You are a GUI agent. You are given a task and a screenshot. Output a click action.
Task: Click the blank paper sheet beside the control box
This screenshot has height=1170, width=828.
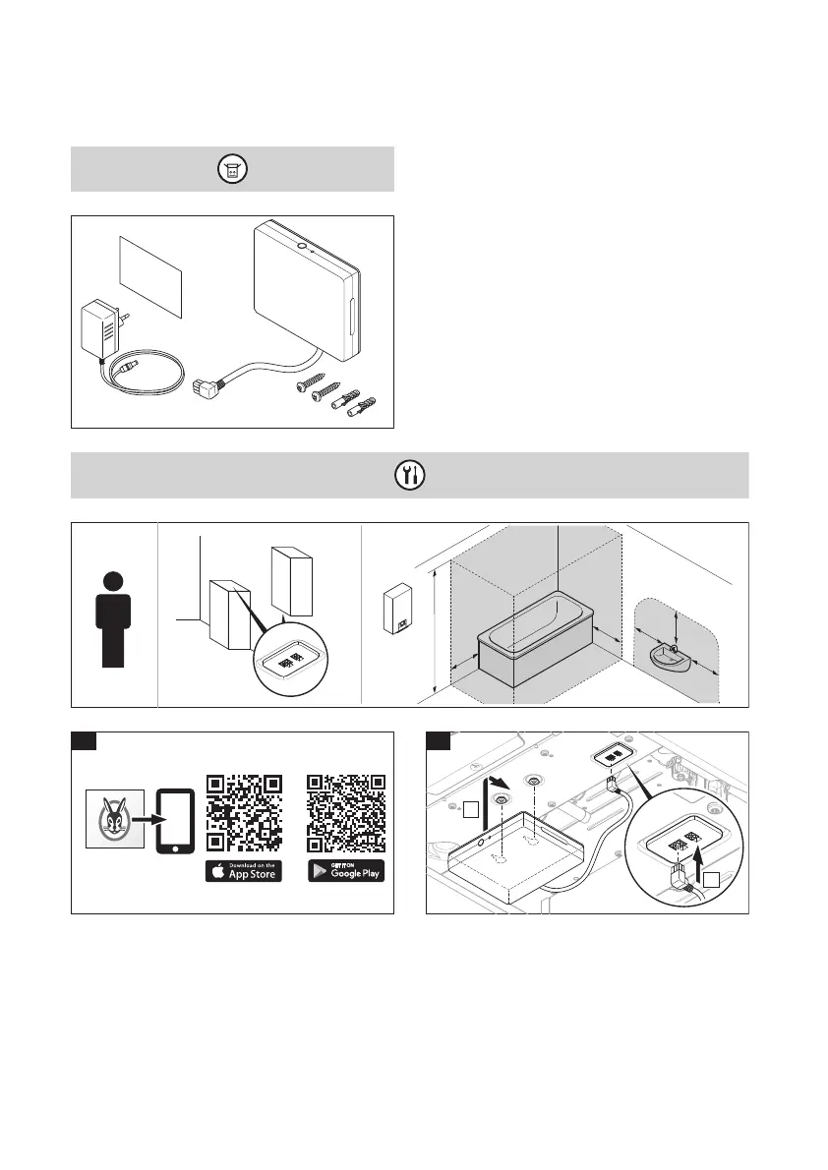149,274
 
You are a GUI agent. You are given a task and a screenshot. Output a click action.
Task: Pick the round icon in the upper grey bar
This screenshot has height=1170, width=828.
232,170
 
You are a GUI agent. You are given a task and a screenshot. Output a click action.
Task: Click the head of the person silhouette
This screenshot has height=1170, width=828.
114,581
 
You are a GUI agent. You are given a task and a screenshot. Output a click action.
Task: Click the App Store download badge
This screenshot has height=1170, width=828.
243,871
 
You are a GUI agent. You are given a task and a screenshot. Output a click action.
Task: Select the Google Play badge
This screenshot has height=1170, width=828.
346,871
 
